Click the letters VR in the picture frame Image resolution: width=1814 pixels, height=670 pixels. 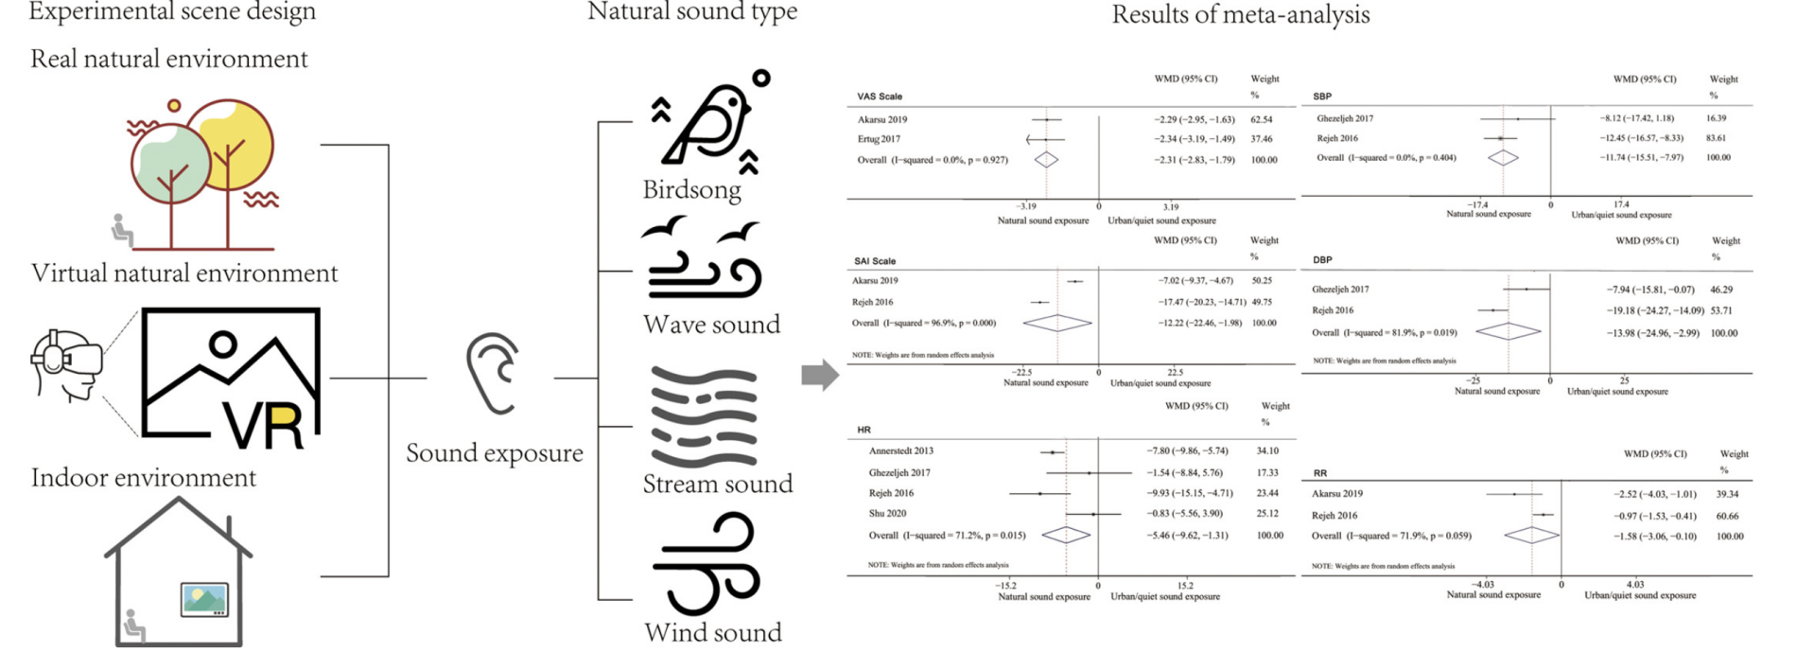pyautogui.click(x=264, y=425)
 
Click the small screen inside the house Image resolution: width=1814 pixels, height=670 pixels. pyautogui.click(x=204, y=600)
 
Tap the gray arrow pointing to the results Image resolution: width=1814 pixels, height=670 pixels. pyautogui.click(x=819, y=375)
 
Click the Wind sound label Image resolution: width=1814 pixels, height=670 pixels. pyautogui.click(x=713, y=632)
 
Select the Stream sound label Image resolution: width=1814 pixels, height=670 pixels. pyautogui.click(x=717, y=484)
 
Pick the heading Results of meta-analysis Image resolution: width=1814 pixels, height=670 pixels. pyautogui.click(x=1240, y=15)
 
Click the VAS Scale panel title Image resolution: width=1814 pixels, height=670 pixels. pyautogui.click(x=880, y=97)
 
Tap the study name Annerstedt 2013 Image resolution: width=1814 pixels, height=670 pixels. pyautogui.click(x=900, y=451)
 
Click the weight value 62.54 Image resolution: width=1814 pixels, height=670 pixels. pyautogui.click(x=1261, y=120)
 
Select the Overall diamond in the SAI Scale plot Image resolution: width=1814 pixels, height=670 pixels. pyautogui.click(x=1057, y=323)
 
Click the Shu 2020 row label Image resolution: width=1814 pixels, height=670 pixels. pyautogui.click(x=887, y=514)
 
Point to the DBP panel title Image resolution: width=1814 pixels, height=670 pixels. pyautogui.click(x=1322, y=259)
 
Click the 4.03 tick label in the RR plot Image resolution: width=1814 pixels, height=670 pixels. pyautogui.click(x=1635, y=585)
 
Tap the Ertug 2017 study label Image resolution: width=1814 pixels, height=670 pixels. pyautogui.click(x=879, y=139)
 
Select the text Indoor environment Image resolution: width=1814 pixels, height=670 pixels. pyautogui.click(x=144, y=478)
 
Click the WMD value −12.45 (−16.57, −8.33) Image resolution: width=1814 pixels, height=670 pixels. pyautogui.click(x=1641, y=138)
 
